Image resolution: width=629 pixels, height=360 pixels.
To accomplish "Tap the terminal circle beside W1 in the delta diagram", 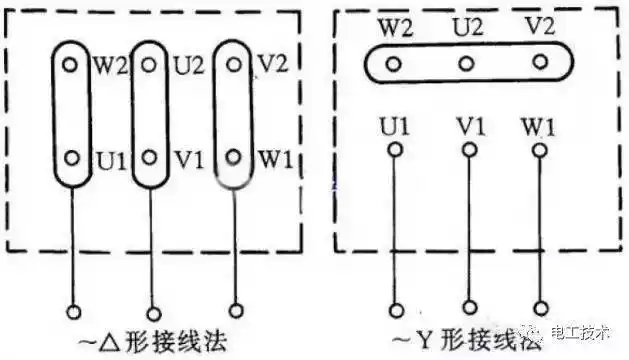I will [233, 157].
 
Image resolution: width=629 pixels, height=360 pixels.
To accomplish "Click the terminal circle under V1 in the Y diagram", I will [466, 151].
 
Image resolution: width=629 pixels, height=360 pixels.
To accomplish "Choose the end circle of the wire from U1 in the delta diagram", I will [72, 309].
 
